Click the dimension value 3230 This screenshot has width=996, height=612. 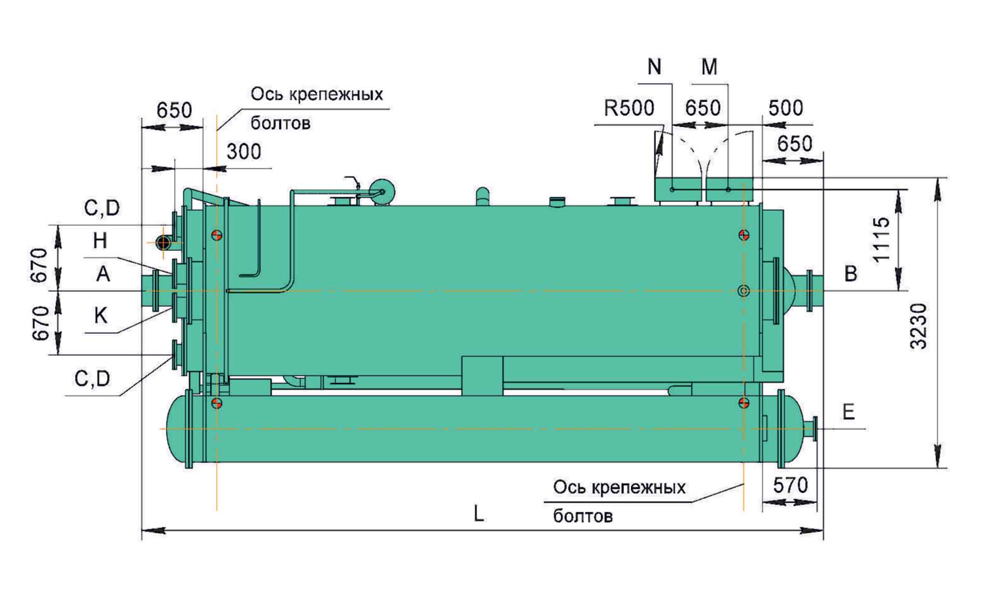click(919, 325)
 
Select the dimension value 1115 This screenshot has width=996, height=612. click(881, 239)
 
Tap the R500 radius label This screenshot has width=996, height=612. click(629, 108)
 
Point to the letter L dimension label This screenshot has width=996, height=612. click(478, 514)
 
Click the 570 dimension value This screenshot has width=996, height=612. click(790, 485)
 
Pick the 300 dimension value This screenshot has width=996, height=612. click(244, 152)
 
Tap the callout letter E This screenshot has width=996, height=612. click(848, 412)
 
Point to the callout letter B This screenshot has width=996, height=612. click(851, 274)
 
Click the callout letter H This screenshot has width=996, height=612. click(100, 241)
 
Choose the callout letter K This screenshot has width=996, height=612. click(101, 315)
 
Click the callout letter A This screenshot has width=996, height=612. click(103, 274)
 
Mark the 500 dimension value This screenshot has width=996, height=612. click(785, 108)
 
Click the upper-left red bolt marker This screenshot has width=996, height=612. click(217, 235)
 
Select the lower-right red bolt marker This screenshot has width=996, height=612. click(743, 403)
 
